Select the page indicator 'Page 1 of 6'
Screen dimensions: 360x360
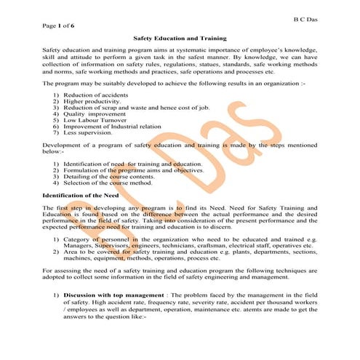(x=58, y=25)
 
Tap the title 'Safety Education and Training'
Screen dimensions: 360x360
(x=180, y=37)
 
